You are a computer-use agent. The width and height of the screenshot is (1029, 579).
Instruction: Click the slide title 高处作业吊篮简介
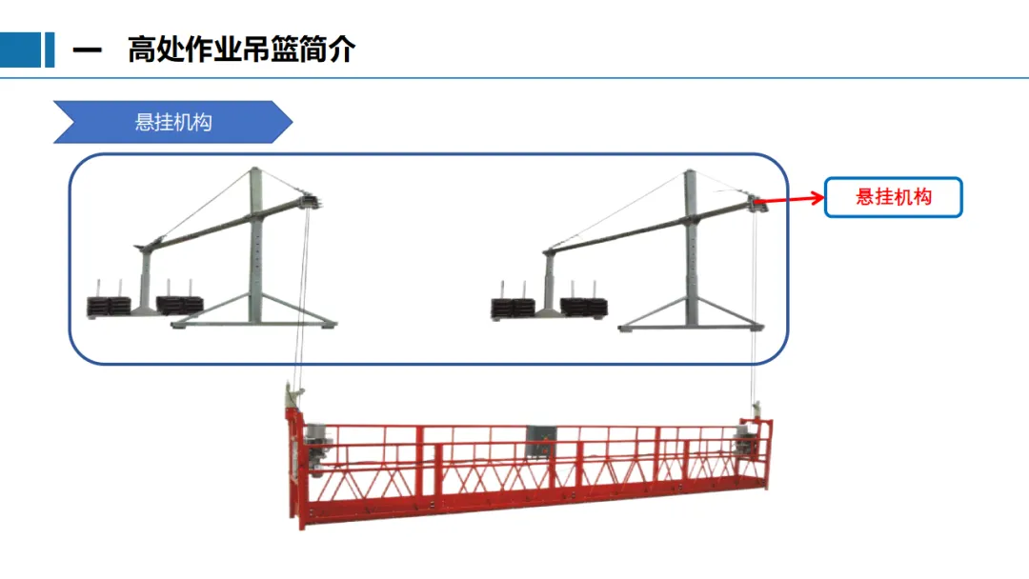[241, 50]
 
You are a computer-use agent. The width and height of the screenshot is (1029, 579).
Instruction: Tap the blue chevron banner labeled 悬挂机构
[172, 122]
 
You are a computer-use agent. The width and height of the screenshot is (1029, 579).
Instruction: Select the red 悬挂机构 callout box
[893, 197]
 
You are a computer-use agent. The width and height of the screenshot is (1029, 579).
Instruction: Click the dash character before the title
[87, 50]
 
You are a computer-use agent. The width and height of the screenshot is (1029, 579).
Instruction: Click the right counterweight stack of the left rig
[180, 304]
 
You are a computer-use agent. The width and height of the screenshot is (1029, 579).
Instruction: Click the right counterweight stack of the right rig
[584, 306]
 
